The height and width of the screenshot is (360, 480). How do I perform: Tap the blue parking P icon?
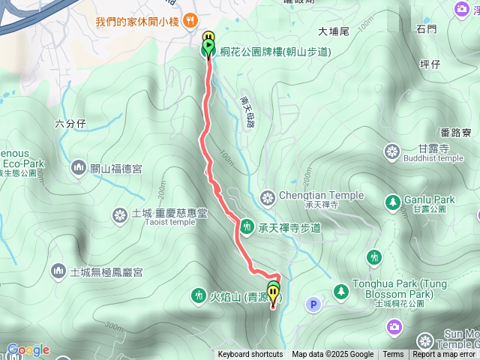[313, 304]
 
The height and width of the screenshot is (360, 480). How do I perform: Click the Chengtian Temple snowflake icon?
[267, 199]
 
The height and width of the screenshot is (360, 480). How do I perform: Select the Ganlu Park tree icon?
[392, 202]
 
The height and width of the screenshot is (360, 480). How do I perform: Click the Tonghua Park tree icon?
[340, 289]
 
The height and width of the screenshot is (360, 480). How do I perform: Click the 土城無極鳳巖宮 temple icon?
[58, 270]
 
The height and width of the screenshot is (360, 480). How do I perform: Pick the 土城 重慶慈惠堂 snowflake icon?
[118, 216]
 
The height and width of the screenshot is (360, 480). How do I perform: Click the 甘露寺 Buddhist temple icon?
[391, 152]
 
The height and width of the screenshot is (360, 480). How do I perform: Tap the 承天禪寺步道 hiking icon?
[246, 226]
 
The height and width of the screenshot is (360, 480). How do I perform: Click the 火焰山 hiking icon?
[198, 295]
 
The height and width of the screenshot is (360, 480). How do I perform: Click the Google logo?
[28, 349]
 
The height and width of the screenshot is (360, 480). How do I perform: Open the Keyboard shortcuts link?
[250, 355]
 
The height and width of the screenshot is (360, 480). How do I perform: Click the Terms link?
[393, 355]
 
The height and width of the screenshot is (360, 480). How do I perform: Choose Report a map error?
[444, 355]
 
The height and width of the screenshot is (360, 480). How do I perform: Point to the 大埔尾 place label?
[334, 31]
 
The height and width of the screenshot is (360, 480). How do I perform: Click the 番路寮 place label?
[456, 133]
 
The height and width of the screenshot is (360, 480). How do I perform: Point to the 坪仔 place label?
[430, 64]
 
